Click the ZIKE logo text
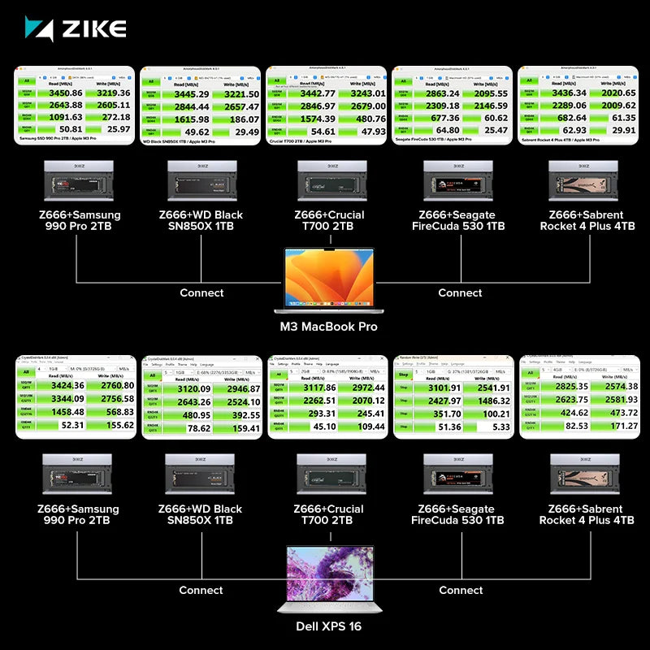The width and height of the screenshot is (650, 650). (91, 29)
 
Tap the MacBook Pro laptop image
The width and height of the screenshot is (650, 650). (325, 280)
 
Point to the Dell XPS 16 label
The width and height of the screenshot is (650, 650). (328, 626)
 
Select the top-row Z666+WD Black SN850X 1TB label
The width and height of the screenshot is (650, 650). (201, 220)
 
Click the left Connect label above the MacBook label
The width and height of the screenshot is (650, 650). (201, 292)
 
